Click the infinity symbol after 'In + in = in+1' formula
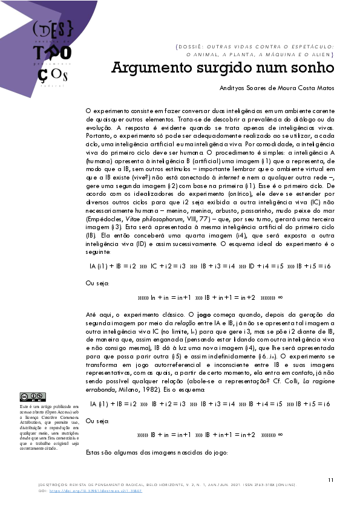click(x=280, y=298)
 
